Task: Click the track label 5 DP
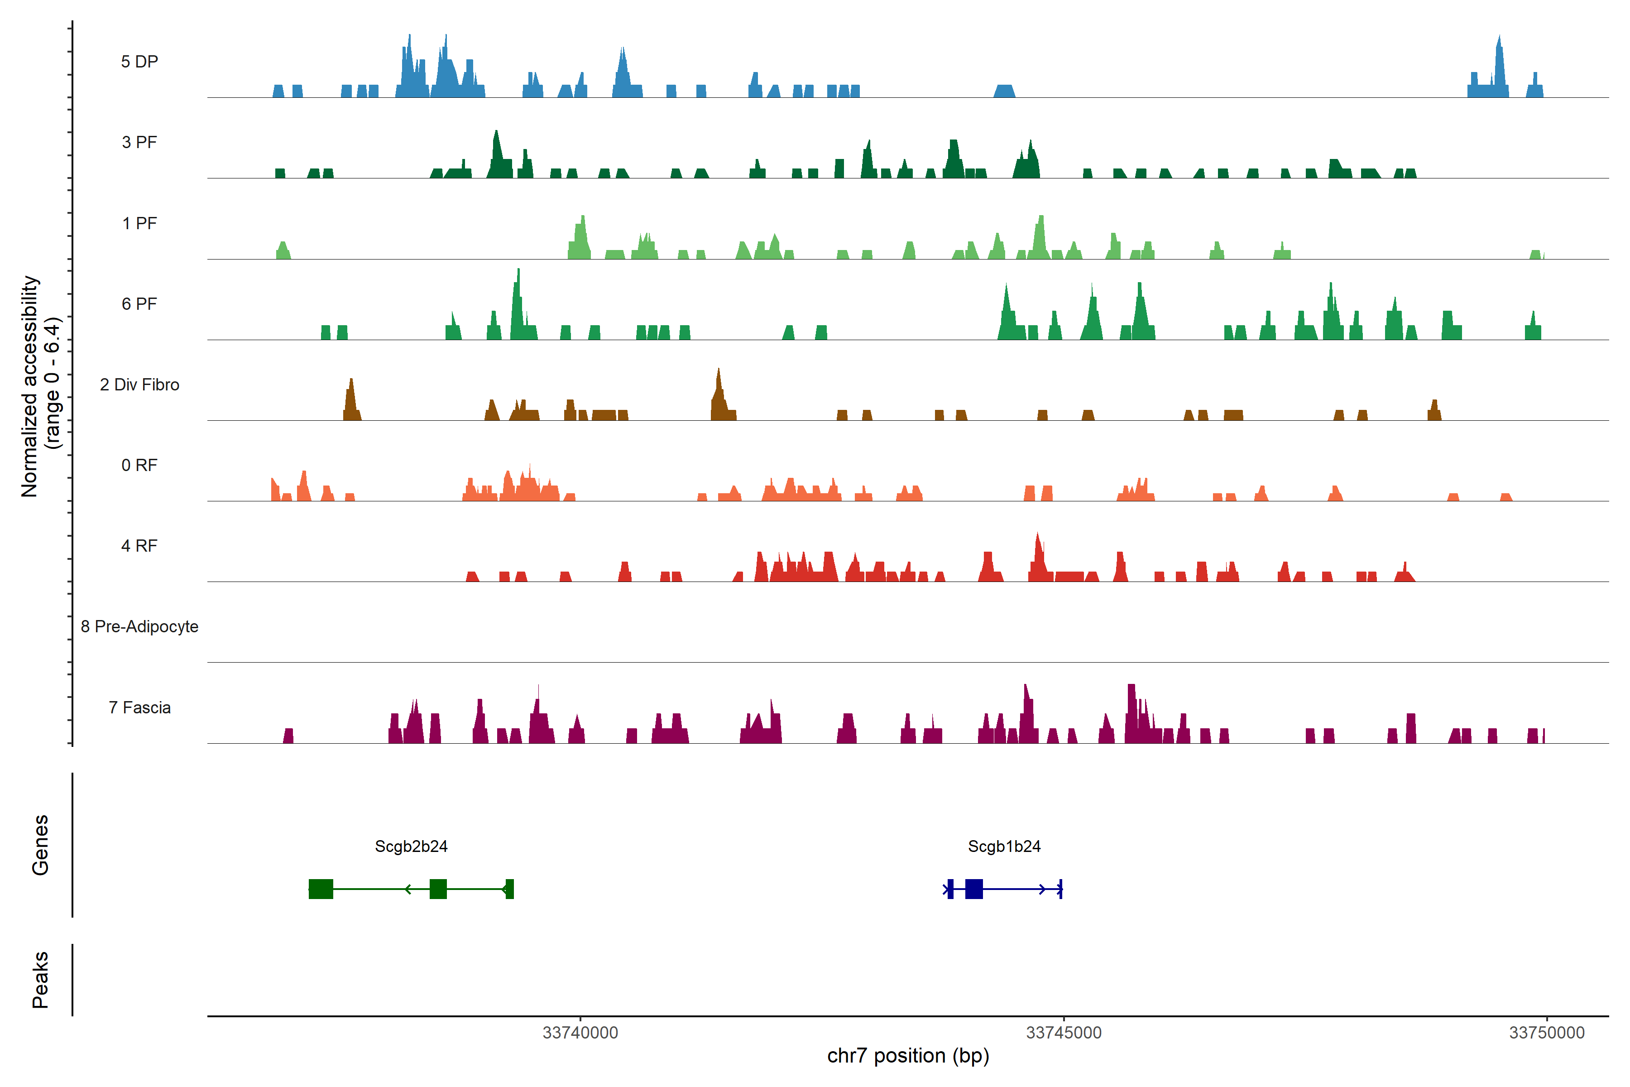(139, 62)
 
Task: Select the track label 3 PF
(139, 142)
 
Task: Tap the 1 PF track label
(139, 223)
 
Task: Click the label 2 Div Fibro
(139, 385)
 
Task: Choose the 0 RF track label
(139, 465)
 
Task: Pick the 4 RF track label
(139, 546)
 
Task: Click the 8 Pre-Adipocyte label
(139, 627)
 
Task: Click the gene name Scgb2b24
(411, 847)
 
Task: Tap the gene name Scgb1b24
(1004, 847)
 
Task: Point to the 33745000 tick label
(1064, 1033)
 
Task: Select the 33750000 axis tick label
(1547, 1033)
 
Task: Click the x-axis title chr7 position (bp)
(908, 1056)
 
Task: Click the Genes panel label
(40, 845)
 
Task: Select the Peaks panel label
(40, 980)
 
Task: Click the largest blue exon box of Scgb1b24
(974, 889)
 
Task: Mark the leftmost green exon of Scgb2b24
(321, 889)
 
